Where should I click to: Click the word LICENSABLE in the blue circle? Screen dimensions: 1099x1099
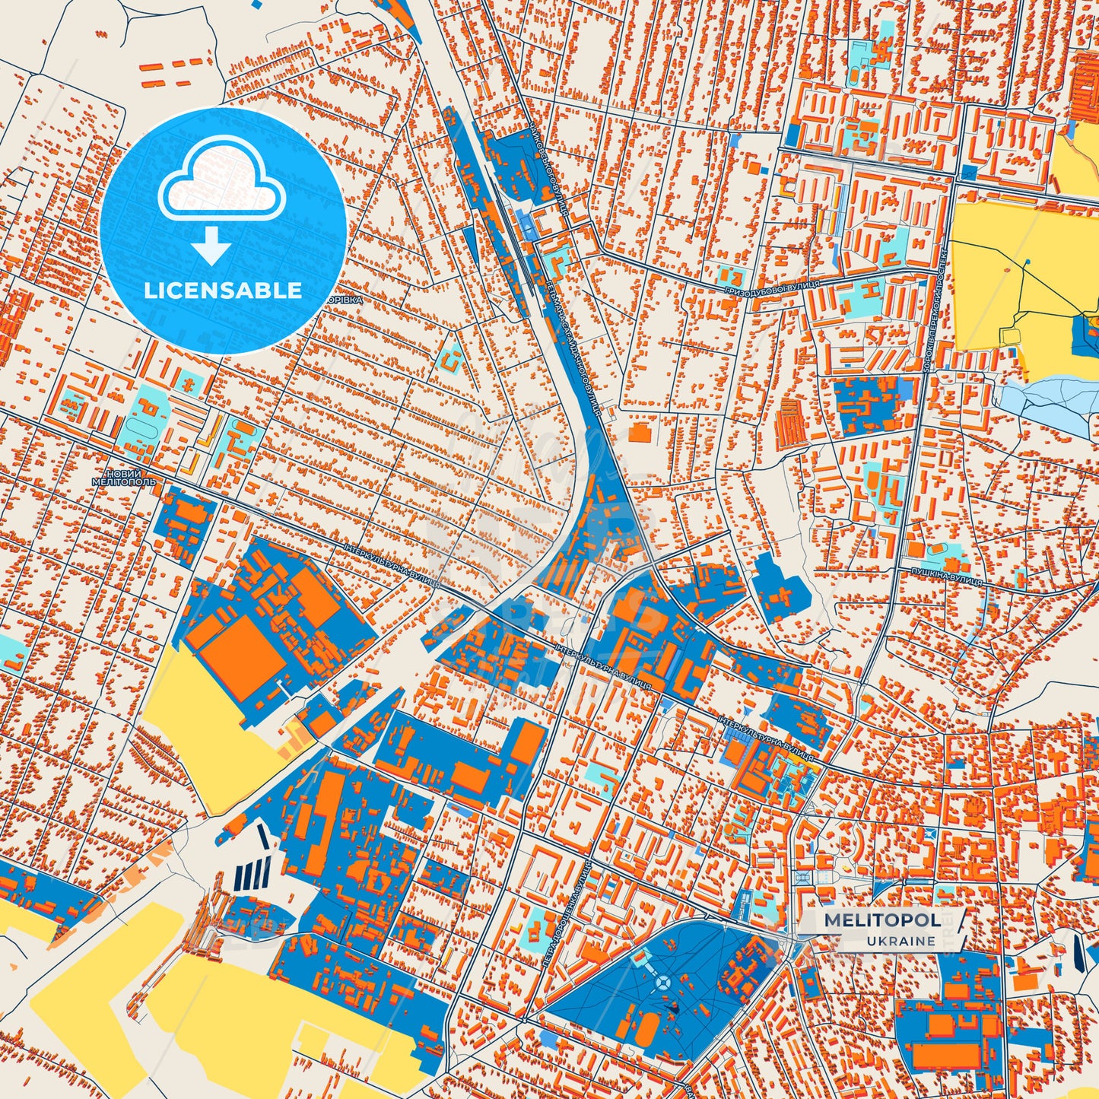[224, 291]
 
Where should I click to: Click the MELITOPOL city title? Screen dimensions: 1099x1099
[880, 920]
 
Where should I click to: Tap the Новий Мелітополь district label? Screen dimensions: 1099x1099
[123, 478]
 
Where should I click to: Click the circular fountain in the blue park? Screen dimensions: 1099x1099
[662, 983]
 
